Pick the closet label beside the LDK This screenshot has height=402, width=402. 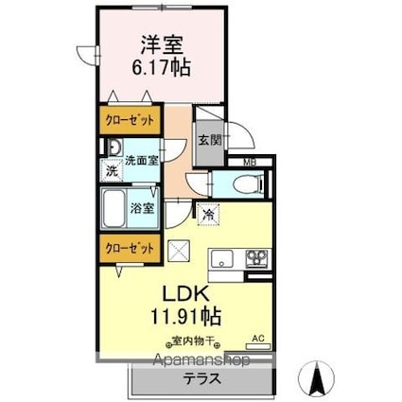pos(126,248)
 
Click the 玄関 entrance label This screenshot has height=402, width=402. pos(209,140)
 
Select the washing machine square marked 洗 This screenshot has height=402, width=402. pos(111,171)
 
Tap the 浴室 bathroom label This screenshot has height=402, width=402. pos(143,208)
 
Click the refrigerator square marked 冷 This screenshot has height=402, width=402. pos(207,215)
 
